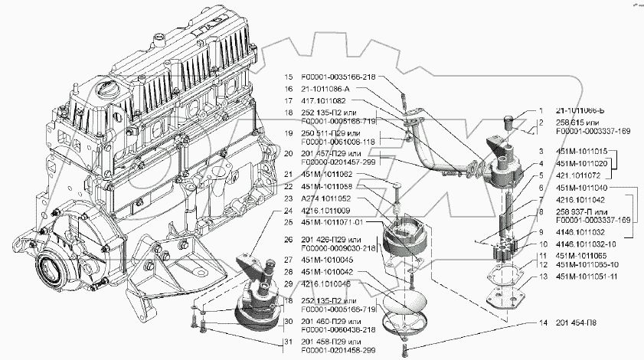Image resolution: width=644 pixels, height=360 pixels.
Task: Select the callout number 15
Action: pos(289,77)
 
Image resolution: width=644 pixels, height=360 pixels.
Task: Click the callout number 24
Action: pos(289,210)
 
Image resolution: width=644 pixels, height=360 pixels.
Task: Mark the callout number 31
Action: pos(289,341)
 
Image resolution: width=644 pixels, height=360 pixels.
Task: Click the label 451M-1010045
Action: pos(327,259)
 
